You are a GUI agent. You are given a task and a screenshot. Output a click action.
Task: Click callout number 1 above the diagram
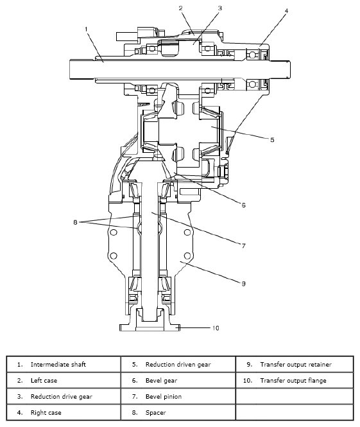(x=85, y=29)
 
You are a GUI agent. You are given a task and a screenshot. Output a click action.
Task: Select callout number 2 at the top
(x=181, y=8)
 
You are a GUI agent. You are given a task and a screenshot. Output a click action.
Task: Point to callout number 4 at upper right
(x=286, y=11)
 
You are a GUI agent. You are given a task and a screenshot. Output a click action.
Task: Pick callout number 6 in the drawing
(x=243, y=205)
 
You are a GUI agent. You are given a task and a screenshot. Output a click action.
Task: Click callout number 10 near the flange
(x=216, y=327)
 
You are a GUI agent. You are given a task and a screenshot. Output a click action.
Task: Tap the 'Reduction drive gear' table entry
(x=61, y=397)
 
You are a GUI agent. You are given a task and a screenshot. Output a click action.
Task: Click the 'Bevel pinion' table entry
(x=163, y=397)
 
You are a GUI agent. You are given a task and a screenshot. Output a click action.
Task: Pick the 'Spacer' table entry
(x=156, y=412)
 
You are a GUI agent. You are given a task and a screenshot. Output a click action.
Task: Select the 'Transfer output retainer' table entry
(x=296, y=364)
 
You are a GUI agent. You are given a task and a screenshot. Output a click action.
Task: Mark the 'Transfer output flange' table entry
(x=293, y=381)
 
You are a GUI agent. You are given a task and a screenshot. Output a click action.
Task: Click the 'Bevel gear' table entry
(x=161, y=381)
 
